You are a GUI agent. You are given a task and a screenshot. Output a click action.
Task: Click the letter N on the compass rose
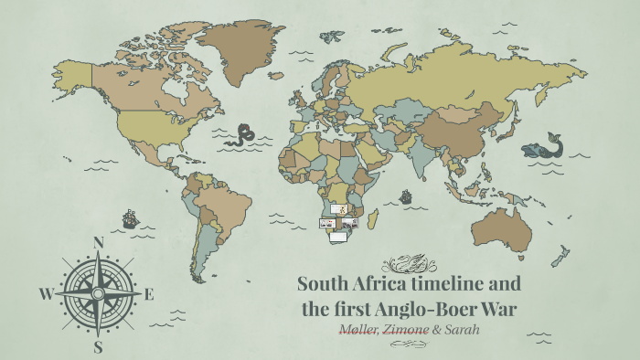click(x=99, y=242)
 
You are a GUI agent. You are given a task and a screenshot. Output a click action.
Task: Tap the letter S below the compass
click(x=99, y=346)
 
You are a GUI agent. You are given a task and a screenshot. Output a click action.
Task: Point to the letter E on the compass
click(x=149, y=294)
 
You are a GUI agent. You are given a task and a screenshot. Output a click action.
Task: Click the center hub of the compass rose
click(x=99, y=293)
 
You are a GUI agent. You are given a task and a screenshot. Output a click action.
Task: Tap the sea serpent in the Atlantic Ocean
click(x=242, y=135)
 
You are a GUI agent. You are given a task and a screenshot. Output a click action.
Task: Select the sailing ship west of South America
click(x=130, y=219)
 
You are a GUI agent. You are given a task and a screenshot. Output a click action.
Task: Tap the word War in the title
click(x=501, y=309)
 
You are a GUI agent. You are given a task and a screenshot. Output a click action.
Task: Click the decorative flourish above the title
click(x=409, y=264)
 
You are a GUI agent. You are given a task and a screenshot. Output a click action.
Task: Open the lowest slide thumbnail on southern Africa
click(x=338, y=237)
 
